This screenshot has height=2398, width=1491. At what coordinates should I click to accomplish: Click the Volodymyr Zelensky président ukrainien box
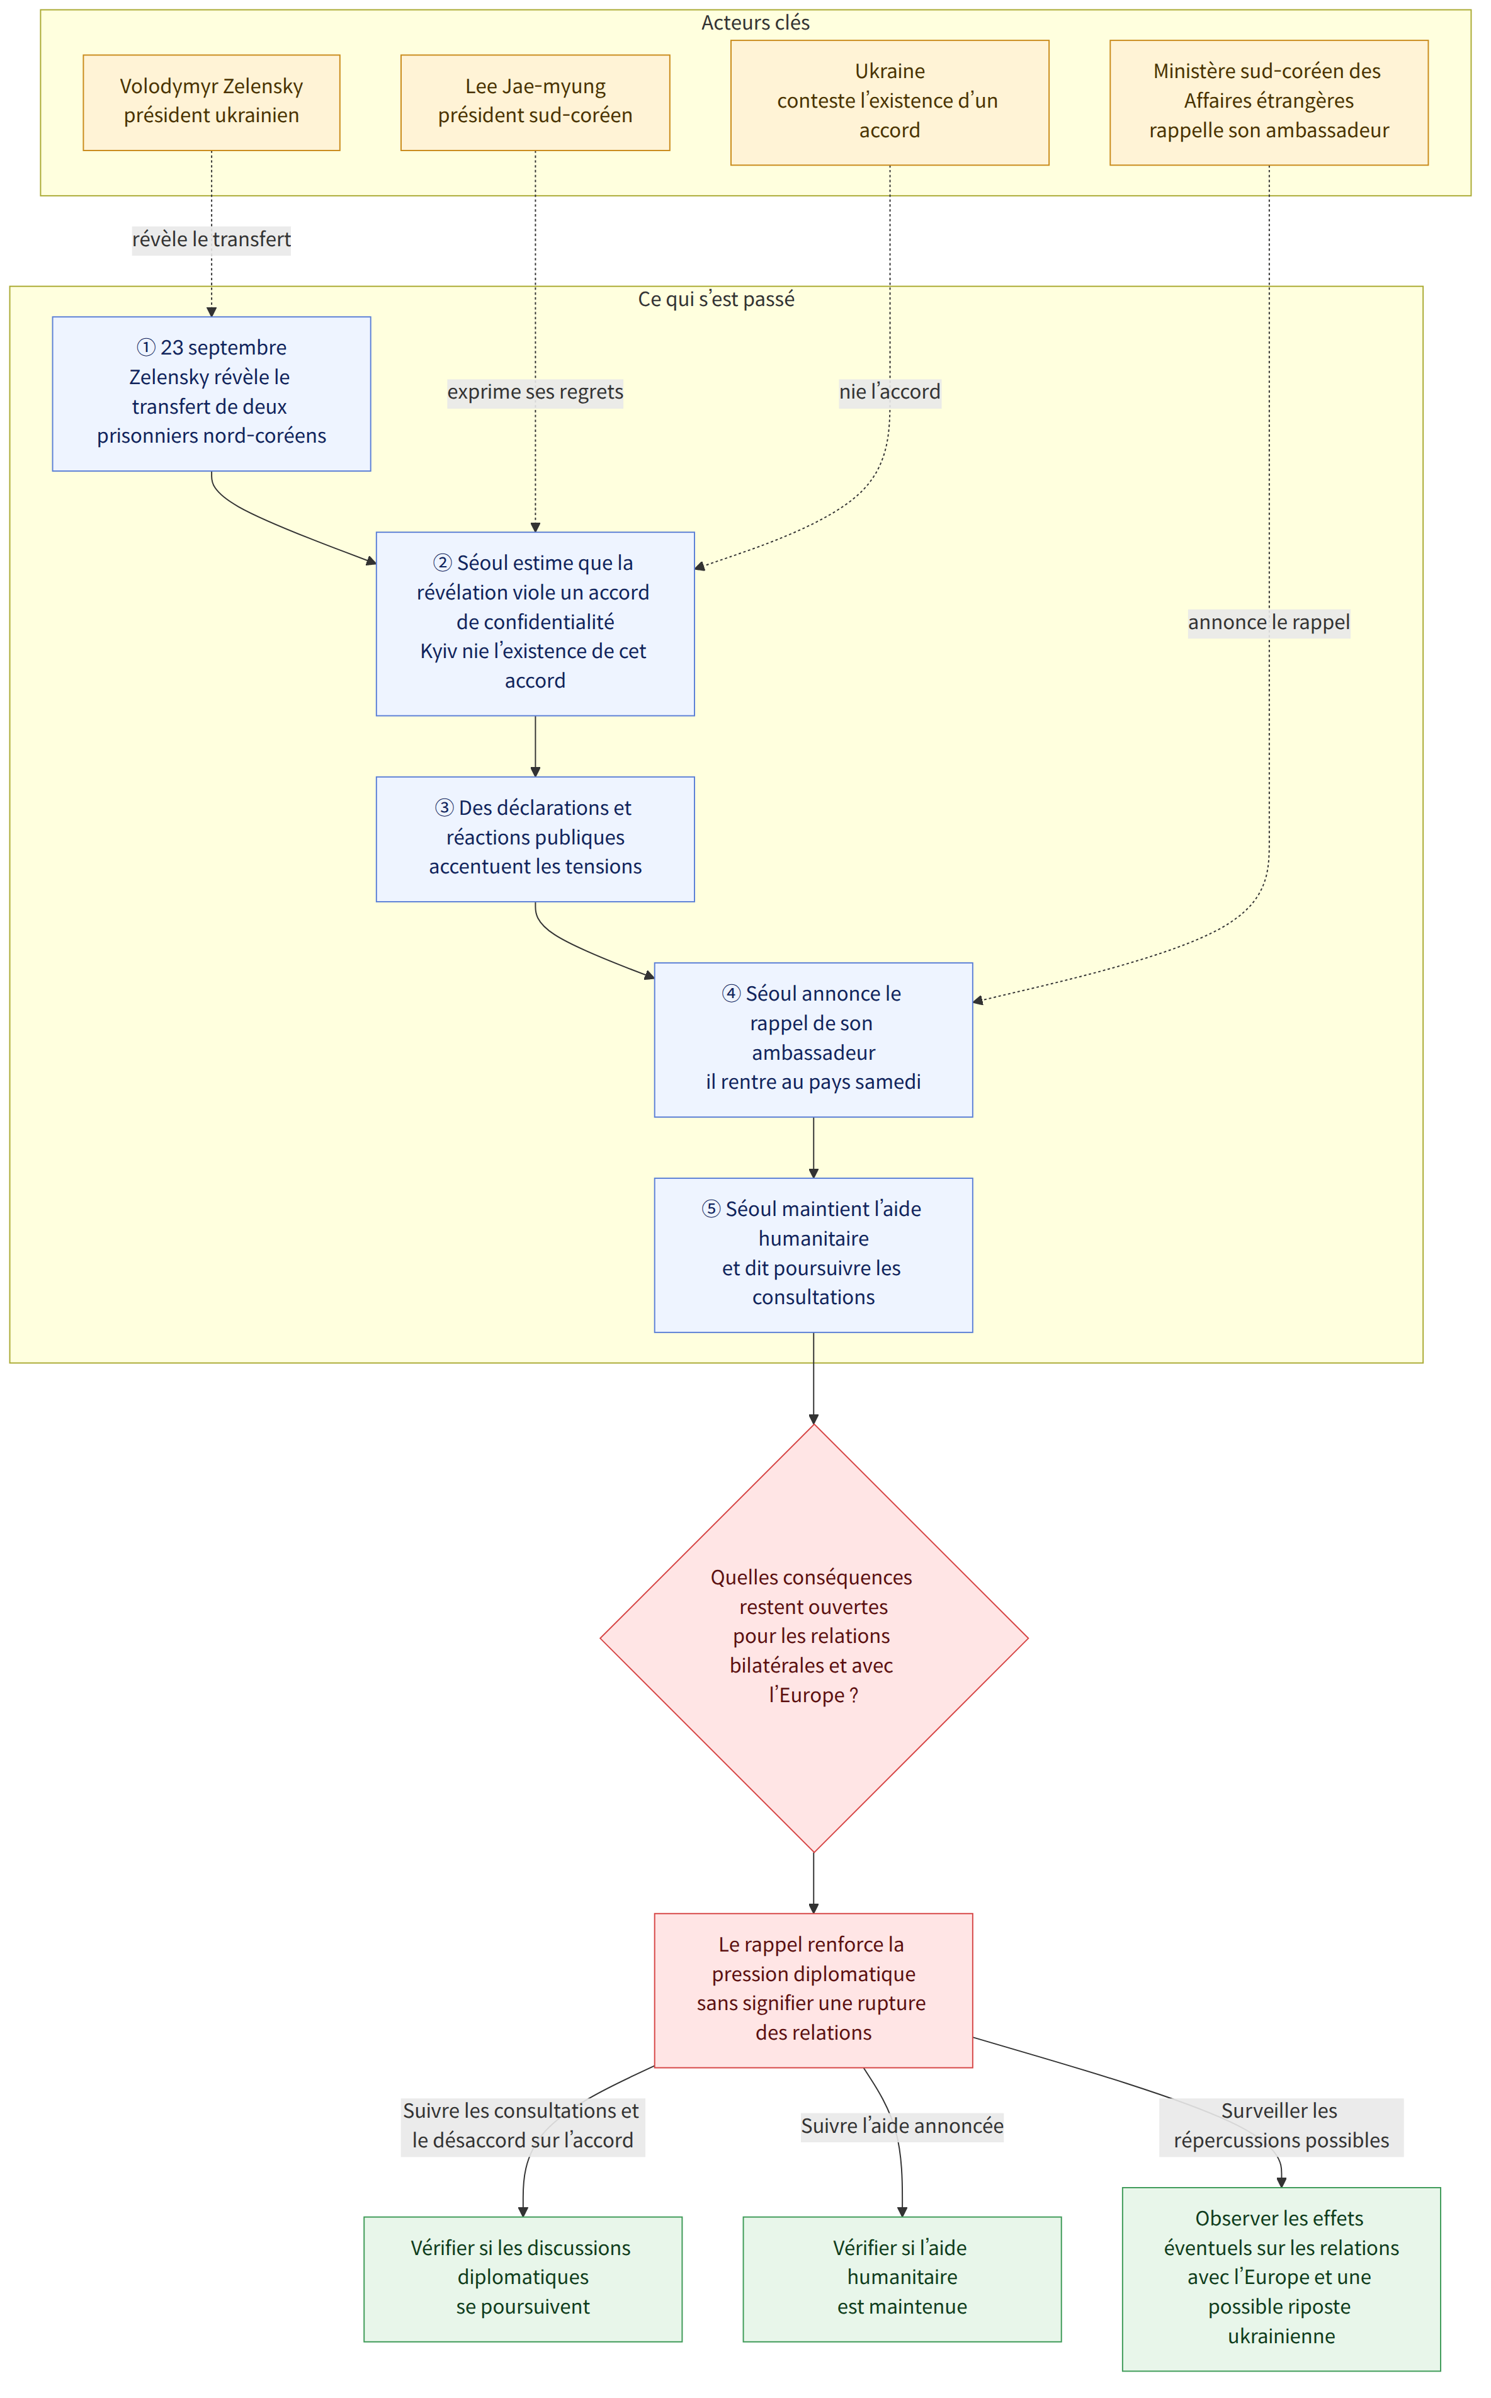(211, 103)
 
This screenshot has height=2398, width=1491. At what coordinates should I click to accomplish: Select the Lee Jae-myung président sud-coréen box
(535, 103)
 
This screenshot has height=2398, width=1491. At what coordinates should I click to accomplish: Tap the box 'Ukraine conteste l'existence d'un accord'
(890, 103)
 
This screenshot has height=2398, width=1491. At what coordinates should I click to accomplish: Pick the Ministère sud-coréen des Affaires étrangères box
(1269, 103)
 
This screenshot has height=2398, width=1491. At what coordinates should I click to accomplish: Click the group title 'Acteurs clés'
(756, 23)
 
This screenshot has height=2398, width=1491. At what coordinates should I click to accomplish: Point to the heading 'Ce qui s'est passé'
(716, 298)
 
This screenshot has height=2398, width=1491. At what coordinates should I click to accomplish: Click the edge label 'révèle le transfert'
(211, 239)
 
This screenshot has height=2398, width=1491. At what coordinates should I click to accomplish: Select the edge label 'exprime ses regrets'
(535, 392)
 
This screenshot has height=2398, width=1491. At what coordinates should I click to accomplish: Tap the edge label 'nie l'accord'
(890, 392)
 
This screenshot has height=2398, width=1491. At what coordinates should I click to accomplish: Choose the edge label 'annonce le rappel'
(1269, 622)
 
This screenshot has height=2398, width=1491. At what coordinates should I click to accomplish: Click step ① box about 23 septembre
(211, 394)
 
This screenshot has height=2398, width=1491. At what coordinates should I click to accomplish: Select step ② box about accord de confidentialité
(535, 623)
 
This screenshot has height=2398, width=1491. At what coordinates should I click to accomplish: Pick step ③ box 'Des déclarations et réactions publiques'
(535, 839)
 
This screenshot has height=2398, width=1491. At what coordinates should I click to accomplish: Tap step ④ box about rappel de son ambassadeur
(814, 1039)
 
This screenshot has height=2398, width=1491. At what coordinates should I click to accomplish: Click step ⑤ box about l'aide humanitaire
(814, 1254)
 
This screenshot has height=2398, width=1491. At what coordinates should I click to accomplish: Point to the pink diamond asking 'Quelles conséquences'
(814, 1638)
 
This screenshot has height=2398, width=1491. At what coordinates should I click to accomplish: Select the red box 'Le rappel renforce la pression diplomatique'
(814, 1990)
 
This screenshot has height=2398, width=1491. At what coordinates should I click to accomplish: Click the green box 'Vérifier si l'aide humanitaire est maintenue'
(902, 2279)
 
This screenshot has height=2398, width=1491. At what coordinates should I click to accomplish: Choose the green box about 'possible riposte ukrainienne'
(1281, 2279)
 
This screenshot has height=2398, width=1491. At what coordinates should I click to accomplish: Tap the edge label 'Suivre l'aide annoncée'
(902, 2126)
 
